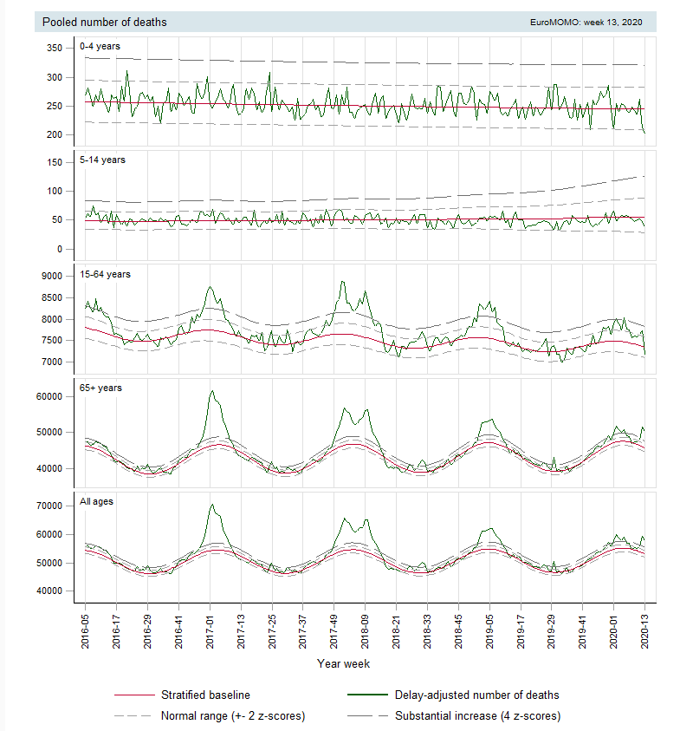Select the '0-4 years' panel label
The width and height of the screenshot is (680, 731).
coord(101,45)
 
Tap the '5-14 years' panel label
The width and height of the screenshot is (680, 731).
coord(104,160)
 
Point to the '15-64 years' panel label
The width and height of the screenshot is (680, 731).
coord(107,274)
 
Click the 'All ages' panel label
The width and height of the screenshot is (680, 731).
coord(97,501)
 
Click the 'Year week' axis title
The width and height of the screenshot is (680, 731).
coord(345,664)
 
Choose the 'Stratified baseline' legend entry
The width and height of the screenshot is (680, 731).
coord(205,695)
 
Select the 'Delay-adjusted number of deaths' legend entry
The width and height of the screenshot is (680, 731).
coord(476,695)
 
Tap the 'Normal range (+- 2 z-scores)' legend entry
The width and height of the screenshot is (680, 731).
coord(232,716)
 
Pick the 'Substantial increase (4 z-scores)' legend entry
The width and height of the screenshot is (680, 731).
coord(477,716)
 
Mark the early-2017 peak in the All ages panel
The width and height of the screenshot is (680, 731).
coord(210,505)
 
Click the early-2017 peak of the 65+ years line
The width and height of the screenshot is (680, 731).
coord(211,391)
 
